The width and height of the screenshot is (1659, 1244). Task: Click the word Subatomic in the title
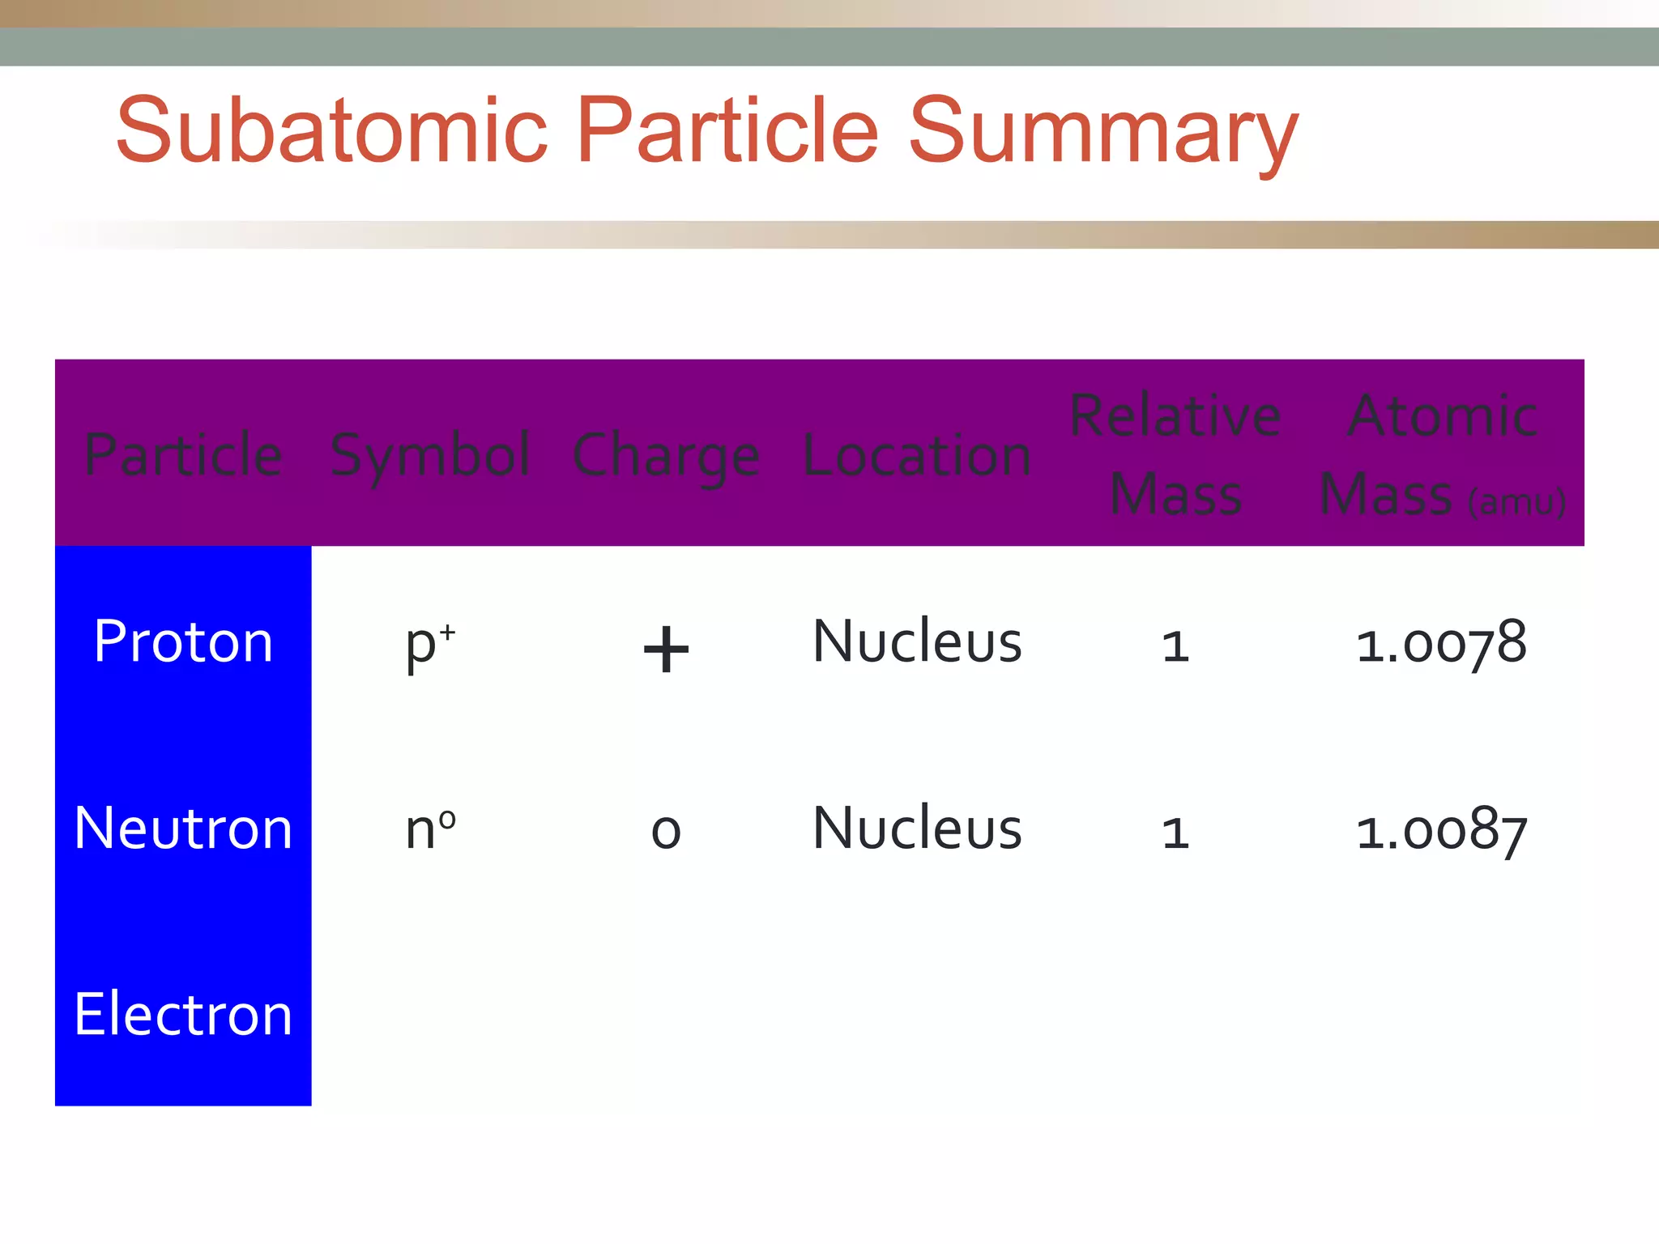click(332, 130)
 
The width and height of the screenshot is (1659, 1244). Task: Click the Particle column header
click(183, 455)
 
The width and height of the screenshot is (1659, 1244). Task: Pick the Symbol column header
click(430, 457)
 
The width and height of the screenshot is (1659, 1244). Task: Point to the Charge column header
click(666, 457)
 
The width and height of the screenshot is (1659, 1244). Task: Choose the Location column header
click(917, 455)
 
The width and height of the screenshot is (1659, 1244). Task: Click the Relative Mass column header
click(1175, 455)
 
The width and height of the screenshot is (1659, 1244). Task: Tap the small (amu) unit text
click(1516, 502)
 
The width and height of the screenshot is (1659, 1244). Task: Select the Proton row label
click(183, 641)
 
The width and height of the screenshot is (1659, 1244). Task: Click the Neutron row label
click(183, 829)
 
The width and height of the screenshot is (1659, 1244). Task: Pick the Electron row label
click(183, 1014)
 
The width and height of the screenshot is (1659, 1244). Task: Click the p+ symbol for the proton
click(430, 645)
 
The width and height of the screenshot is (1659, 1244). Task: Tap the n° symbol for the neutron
click(430, 829)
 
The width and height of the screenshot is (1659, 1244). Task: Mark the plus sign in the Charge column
click(666, 649)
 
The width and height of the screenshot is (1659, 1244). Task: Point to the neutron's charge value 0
click(666, 832)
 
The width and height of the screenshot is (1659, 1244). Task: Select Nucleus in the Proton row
click(917, 641)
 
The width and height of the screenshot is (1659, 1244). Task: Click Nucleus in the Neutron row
click(917, 829)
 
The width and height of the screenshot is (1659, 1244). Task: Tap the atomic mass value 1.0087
click(1441, 831)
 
